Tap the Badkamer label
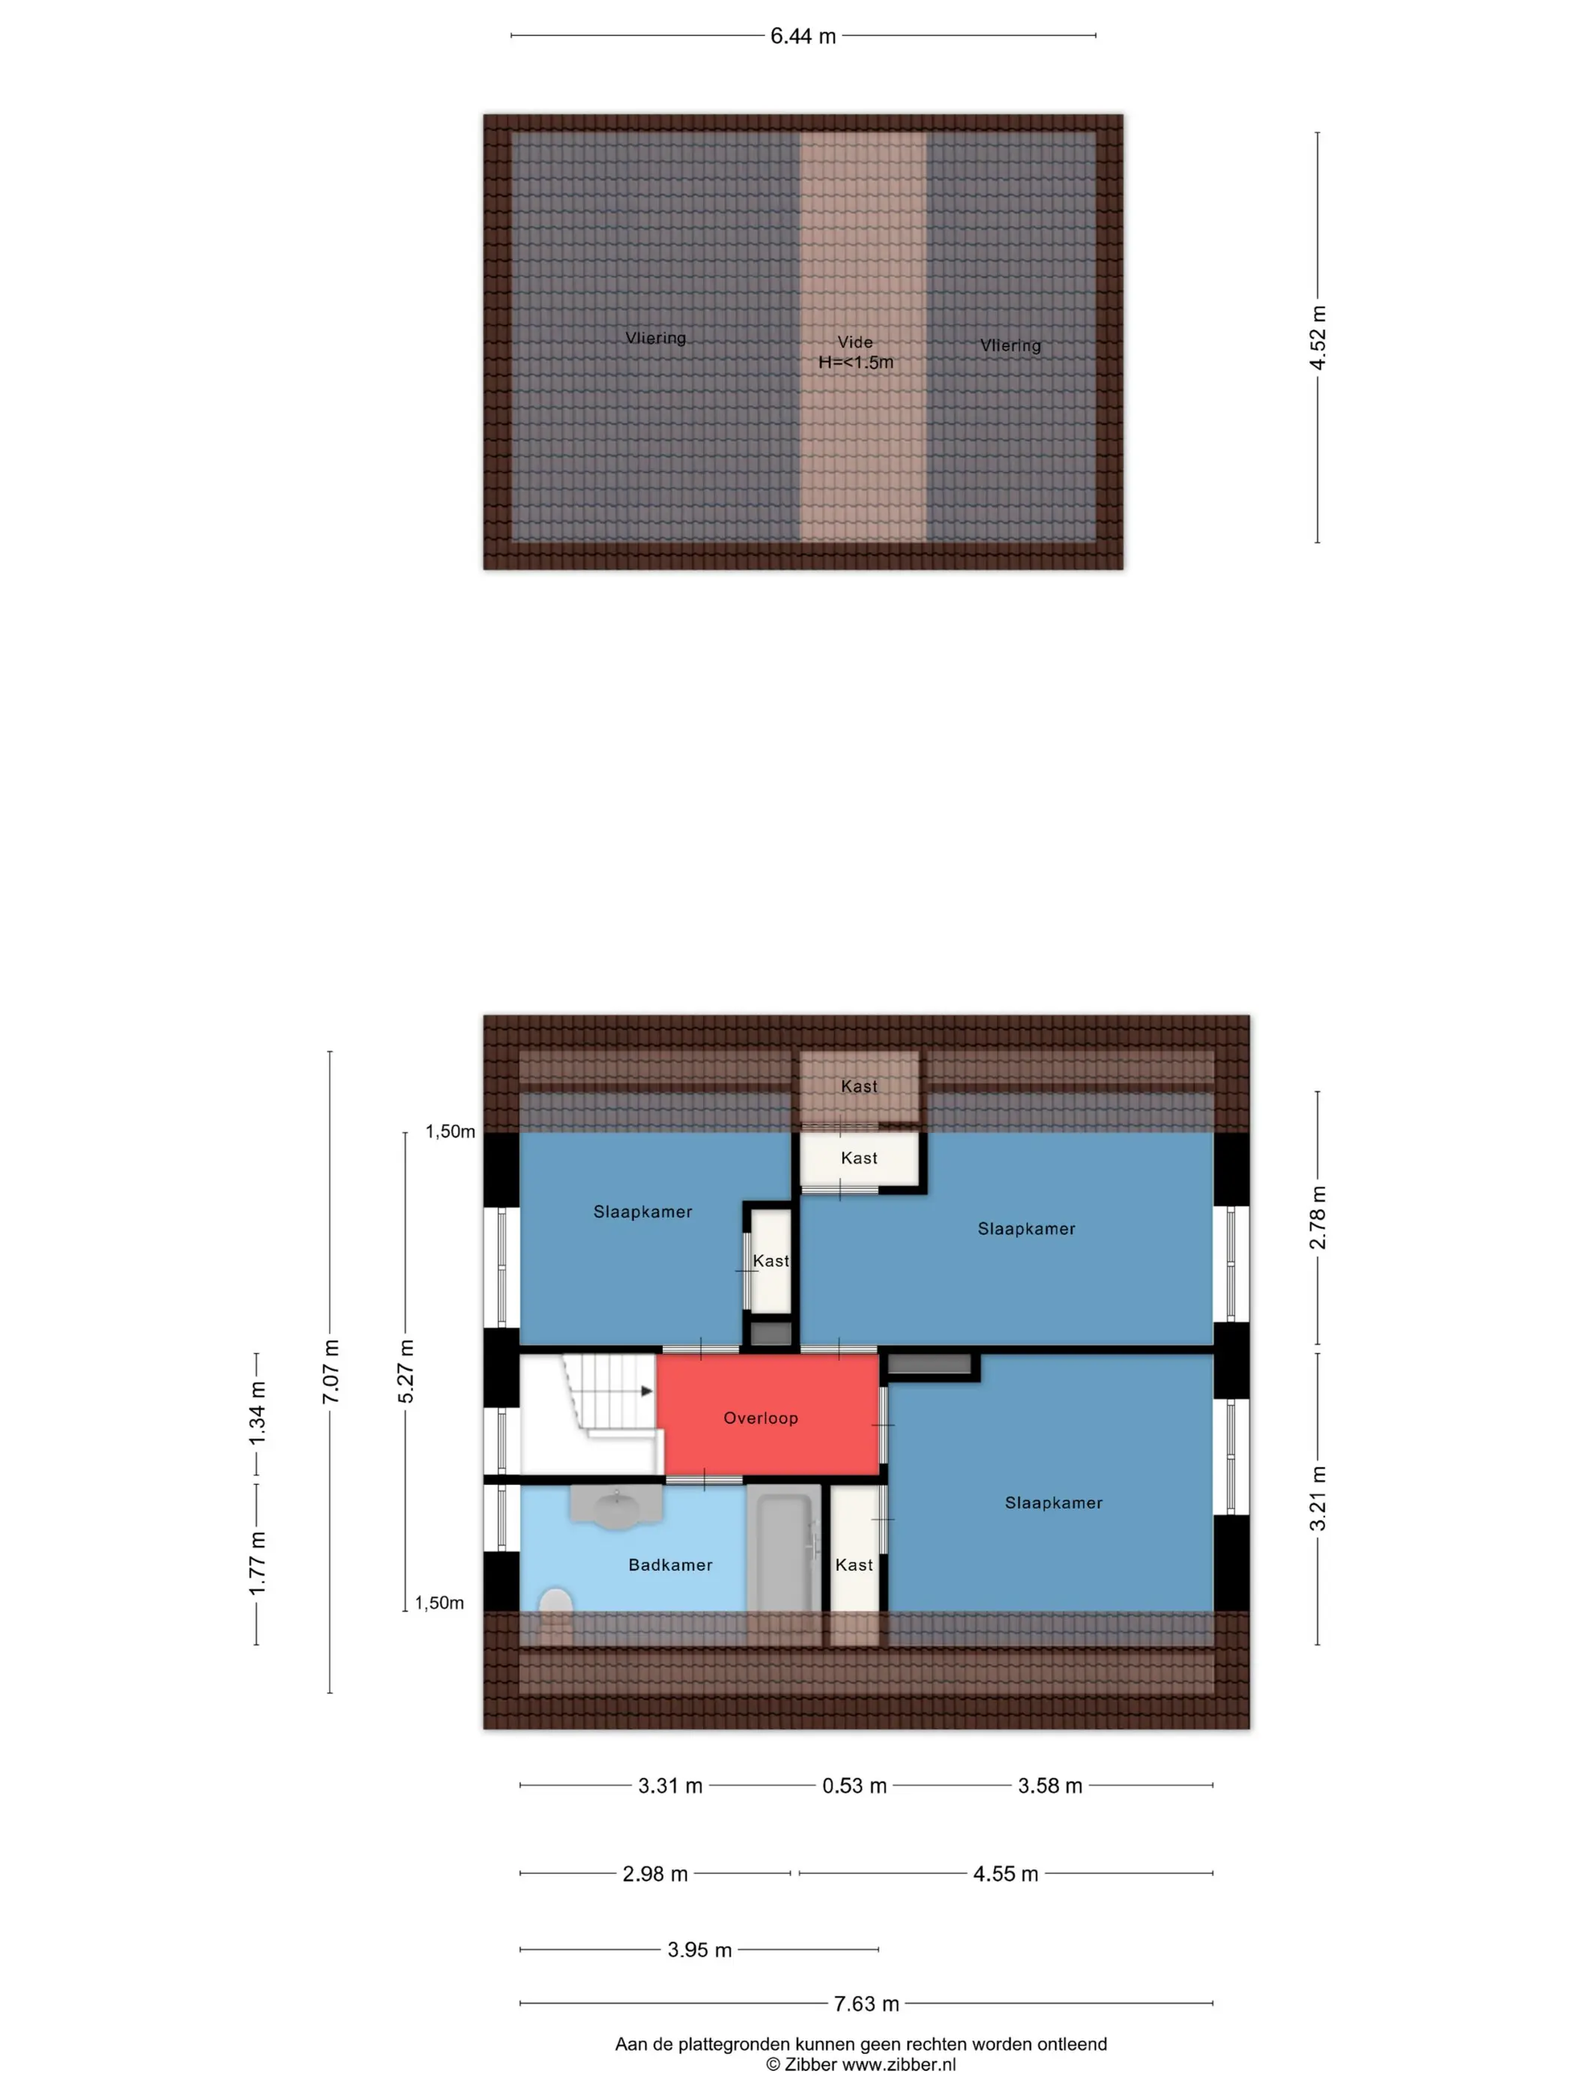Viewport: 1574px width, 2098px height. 670,1564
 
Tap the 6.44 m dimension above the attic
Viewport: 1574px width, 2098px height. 803,36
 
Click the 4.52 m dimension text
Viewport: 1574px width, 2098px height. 1318,338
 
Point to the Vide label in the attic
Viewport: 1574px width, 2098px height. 855,342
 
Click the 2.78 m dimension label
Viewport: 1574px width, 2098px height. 1318,1217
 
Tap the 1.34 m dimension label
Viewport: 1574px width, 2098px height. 257,1414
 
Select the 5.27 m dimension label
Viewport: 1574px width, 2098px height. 406,1371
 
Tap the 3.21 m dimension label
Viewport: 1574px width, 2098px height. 1318,1499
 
